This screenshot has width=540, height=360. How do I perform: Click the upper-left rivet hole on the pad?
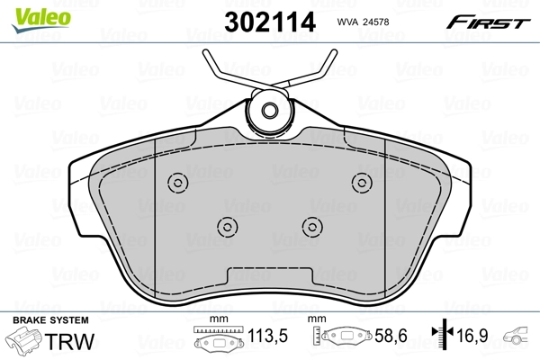(176, 183)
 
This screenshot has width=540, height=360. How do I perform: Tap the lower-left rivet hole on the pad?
(228, 225)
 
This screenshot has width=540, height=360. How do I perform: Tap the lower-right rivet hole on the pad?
(311, 225)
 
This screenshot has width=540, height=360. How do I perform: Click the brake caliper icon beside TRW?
(26, 343)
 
